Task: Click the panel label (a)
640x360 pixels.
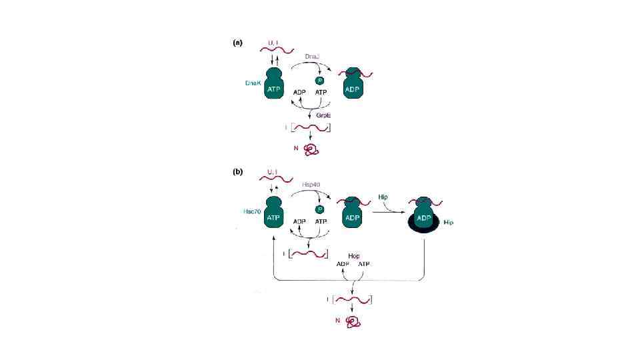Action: (x=237, y=42)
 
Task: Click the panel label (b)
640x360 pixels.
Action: (x=237, y=171)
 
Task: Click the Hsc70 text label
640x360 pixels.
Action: (x=252, y=211)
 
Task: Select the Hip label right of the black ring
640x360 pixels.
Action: (x=447, y=222)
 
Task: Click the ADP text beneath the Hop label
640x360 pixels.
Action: (x=343, y=264)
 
